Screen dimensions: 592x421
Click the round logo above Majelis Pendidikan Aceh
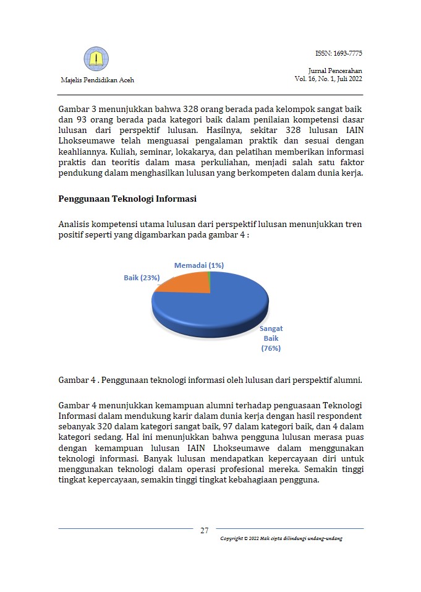[96, 59]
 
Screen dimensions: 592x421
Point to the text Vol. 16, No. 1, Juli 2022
[328, 79]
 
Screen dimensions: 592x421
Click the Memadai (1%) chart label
[198, 265]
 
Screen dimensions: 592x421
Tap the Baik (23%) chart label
[142, 278]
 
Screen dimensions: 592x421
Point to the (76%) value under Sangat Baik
[271, 348]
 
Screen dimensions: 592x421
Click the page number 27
[205, 530]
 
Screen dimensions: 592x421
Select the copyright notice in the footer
[281, 539]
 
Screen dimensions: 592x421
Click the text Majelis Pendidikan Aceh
[97, 80]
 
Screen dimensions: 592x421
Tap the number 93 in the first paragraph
[83, 120]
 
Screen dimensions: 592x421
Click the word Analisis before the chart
[75, 224]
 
